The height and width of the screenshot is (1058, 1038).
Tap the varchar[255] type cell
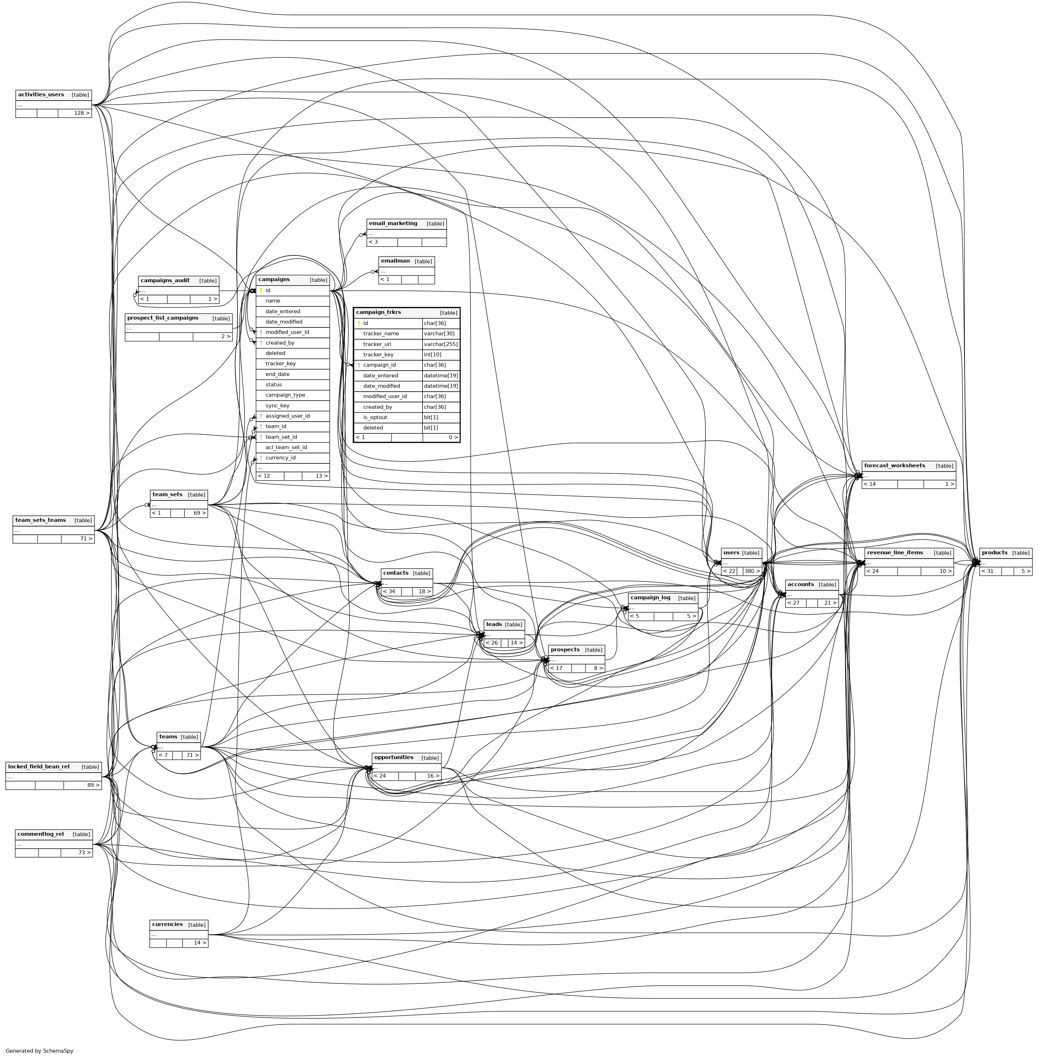click(x=440, y=344)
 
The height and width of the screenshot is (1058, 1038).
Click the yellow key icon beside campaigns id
click(x=261, y=291)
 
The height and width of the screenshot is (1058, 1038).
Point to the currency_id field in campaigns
click(x=280, y=458)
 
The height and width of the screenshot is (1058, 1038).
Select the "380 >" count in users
click(x=752, y=571)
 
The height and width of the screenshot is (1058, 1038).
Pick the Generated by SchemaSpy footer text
click(x=39, y=1051)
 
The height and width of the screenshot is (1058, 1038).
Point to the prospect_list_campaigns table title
click(x=163, y=318)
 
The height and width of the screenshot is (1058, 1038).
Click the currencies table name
click(x=167, y=924)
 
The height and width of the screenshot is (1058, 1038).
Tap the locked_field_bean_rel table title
click(x=39, y=767)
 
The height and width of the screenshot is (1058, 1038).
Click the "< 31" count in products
click(x=987, y=571)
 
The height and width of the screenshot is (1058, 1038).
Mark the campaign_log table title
click(x=650, y=598)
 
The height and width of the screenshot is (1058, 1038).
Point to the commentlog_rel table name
click(x=40, y=834)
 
